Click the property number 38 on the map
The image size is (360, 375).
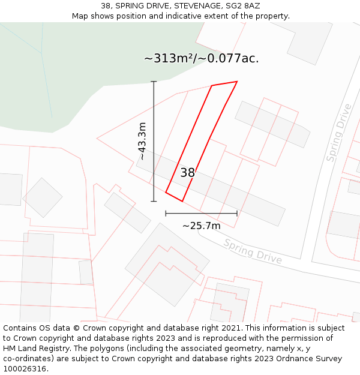[x=188, y=173]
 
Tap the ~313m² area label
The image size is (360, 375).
[x=202, y=58]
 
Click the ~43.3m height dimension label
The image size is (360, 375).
[x=142, y=141]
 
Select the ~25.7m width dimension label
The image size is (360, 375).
[x=201, y=226]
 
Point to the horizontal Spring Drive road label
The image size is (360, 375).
[x=253, y=251]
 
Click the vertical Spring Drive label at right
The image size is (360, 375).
[x=339, y=133]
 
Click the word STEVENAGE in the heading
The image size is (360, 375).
[x=179, y=6]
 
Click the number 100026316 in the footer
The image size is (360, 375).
[x=25, y=368]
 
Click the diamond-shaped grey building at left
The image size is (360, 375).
[x=43, y=197]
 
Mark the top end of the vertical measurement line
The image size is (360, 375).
[x=154, y=82]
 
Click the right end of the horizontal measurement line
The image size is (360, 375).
[x=237, y=213]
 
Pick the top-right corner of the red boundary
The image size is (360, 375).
[x=237, y=82]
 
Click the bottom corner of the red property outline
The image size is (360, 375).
[x=182, y=201]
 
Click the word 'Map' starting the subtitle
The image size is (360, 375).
[x=80, y=16]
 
